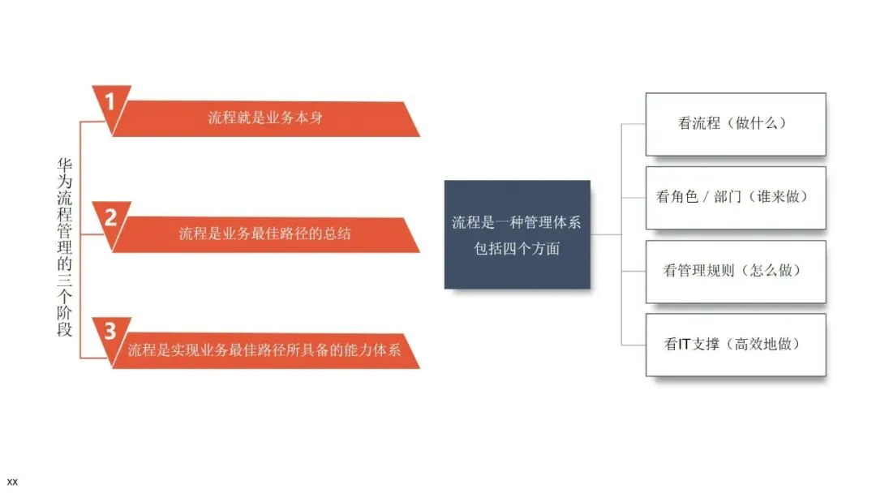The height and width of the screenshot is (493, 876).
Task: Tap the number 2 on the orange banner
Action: (x=111, y=216)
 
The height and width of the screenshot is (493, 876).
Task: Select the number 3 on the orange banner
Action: (x=110, y=331)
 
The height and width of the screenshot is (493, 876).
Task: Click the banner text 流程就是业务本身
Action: (x=266, y=118)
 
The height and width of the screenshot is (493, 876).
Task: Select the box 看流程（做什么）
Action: (x=735, y=124)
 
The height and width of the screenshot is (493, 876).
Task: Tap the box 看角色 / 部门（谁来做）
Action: (x=735, y=197)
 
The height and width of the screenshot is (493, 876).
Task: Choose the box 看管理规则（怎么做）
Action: (x=735, y=271)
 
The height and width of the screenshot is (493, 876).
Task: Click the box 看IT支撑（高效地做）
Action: (x=735, y=344)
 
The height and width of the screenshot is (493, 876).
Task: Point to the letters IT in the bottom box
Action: (x=684, y=345)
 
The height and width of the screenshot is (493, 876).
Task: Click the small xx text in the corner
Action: (x=11, y=482)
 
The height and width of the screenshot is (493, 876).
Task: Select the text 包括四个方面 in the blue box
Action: (x=517, y=249)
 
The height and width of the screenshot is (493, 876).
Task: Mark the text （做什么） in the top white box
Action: (x=758, y=124)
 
